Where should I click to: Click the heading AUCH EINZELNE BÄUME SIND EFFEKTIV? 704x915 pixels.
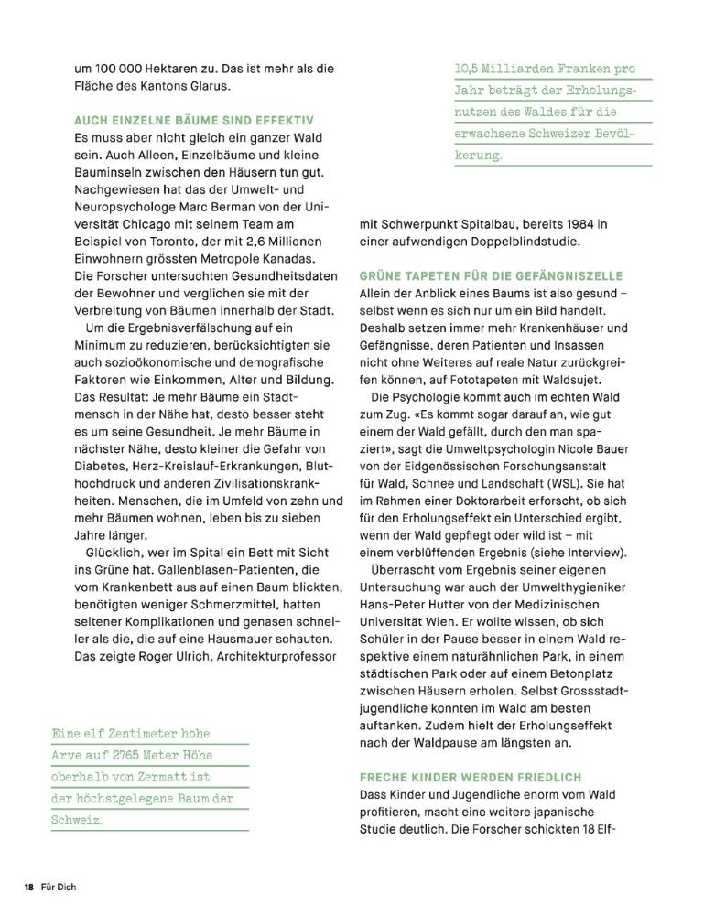point(194,120)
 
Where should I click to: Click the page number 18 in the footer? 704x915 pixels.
point(29,888)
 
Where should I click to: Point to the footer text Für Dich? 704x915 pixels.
point(58,888)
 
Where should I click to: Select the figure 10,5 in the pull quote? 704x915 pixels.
point(471,70)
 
